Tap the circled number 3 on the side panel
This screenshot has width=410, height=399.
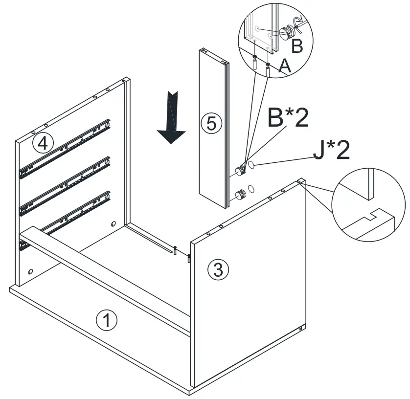(218, 269)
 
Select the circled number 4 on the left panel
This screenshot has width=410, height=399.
(43, 143)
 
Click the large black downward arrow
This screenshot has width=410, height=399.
(171, 117)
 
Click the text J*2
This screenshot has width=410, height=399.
(331, 151)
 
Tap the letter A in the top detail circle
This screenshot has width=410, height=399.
(284, 67)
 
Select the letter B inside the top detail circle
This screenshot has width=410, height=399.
(297, 46)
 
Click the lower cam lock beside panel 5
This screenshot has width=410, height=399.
(240, 196)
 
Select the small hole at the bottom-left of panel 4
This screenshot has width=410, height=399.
(31, 271)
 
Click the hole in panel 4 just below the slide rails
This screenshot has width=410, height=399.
(114, 224)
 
